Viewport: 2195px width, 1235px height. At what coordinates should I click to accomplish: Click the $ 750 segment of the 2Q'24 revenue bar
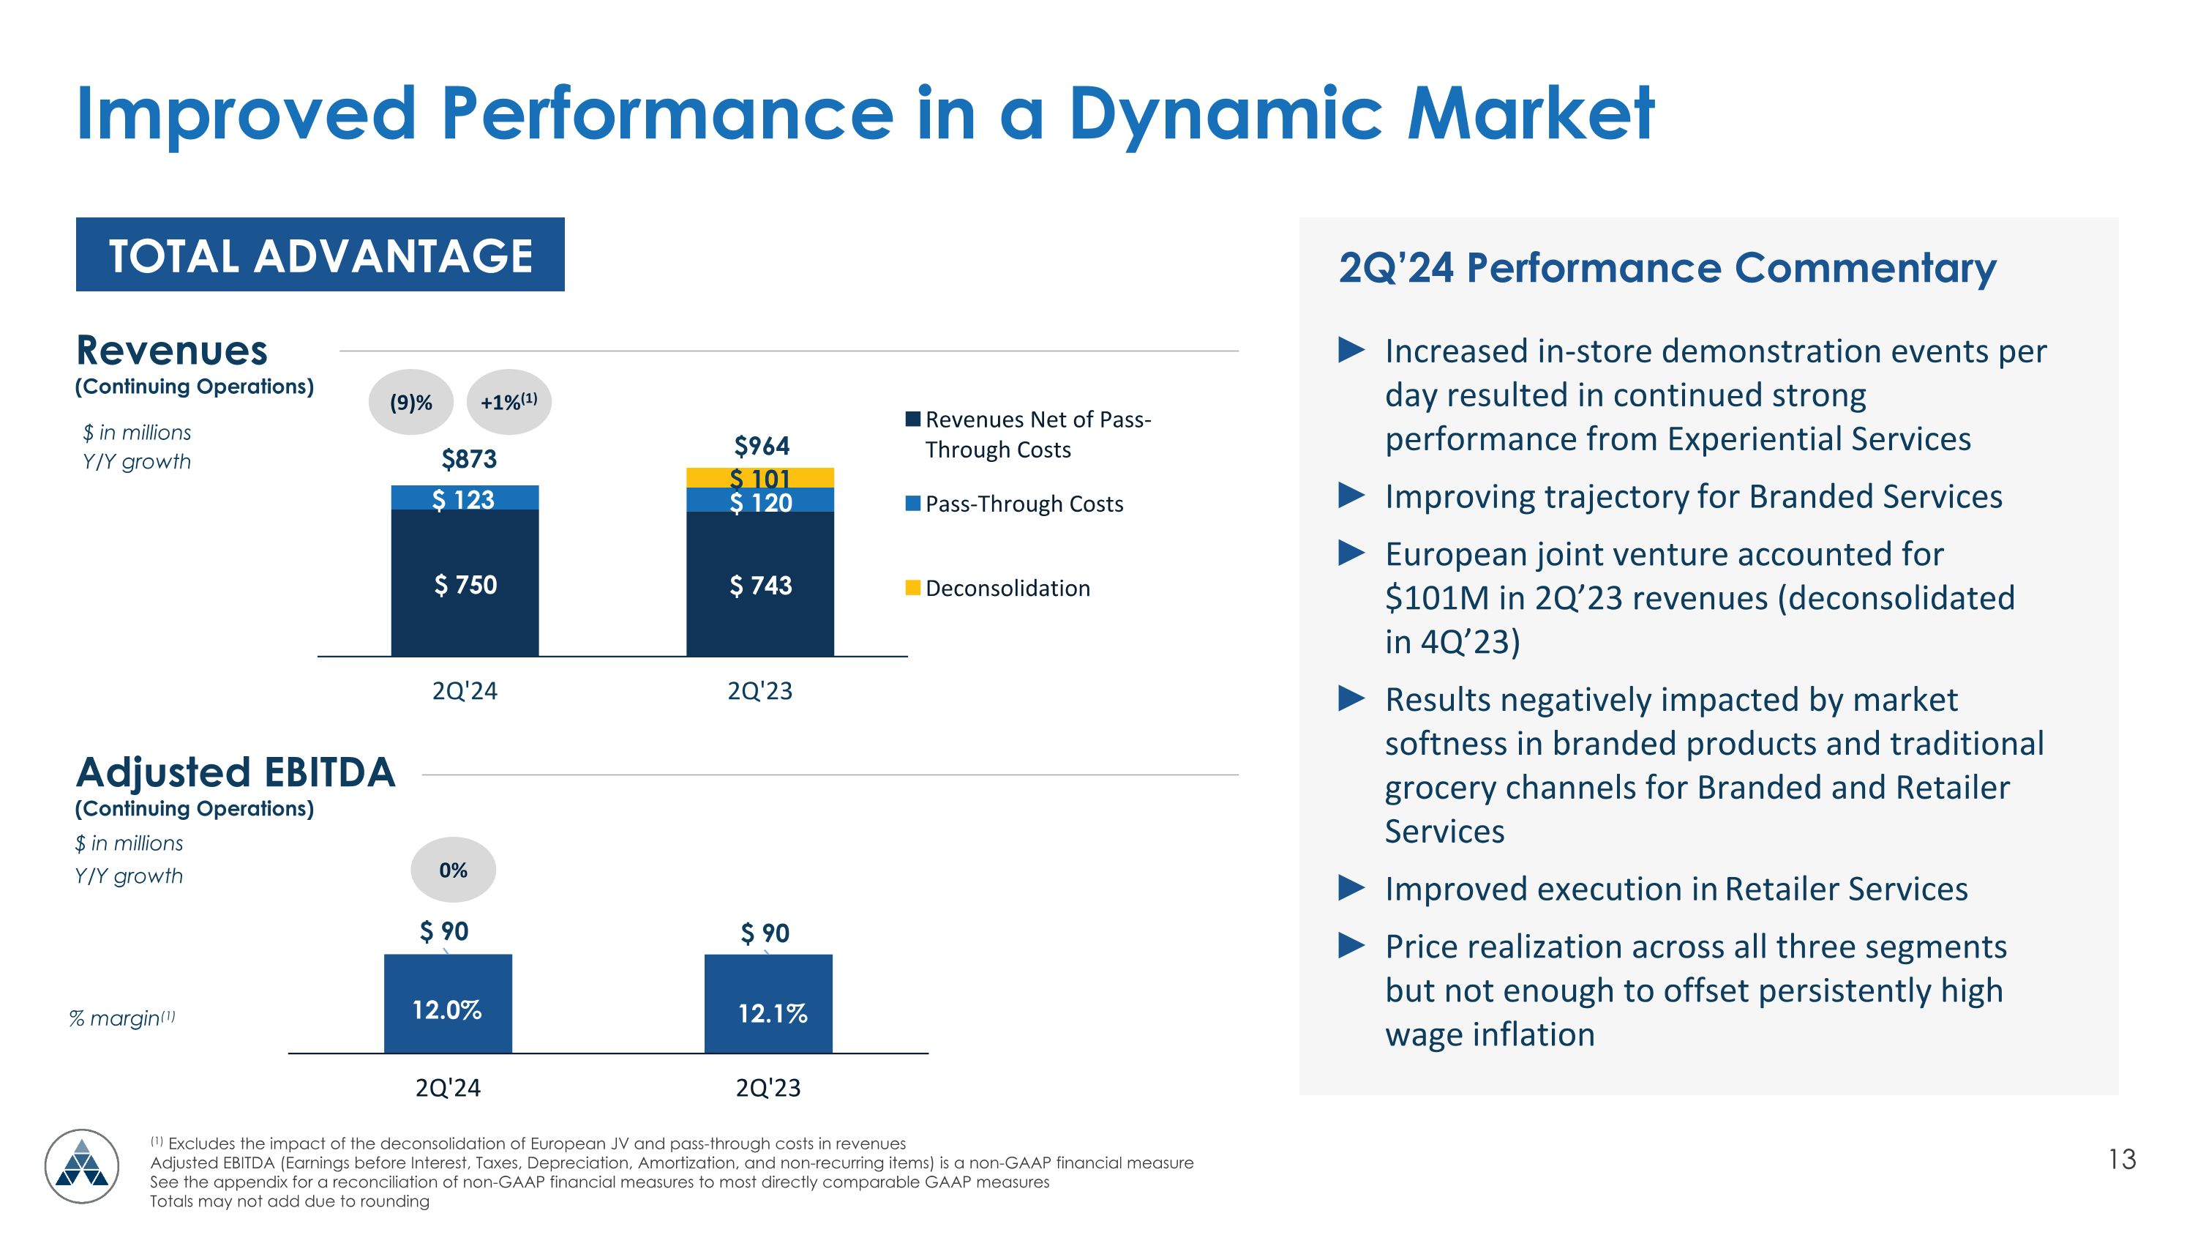tap(465, 584)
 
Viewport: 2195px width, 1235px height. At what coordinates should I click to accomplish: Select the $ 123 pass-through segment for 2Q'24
tap(465, 498)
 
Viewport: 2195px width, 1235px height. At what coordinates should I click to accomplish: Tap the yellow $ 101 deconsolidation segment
tap(760, 477)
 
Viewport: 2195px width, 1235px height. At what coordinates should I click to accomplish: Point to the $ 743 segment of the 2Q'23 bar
tap(760, 585)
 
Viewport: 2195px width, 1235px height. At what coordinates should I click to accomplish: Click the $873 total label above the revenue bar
tap(469, 460)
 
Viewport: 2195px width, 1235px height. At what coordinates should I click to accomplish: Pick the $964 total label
tap(762, 445)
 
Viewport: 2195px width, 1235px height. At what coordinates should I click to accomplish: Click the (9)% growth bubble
tap(410, 403)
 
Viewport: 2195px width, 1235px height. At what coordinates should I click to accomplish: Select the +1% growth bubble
tap(509, 403)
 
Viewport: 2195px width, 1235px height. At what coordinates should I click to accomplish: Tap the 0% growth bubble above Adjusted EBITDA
tap(454, 870)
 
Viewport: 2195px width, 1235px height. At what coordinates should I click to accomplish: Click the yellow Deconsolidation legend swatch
tap(912, 588)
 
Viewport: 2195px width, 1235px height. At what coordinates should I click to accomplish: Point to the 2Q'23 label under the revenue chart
tap(759, 690)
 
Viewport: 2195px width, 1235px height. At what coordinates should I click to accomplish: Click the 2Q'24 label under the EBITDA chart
tap(447, 1088)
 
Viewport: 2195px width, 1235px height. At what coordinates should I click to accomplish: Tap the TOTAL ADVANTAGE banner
tap(320, 255)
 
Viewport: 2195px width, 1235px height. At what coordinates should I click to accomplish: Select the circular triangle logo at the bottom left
tap(82, 1166)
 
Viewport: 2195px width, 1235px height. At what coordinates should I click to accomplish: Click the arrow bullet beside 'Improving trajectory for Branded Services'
tap(1351, 495)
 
